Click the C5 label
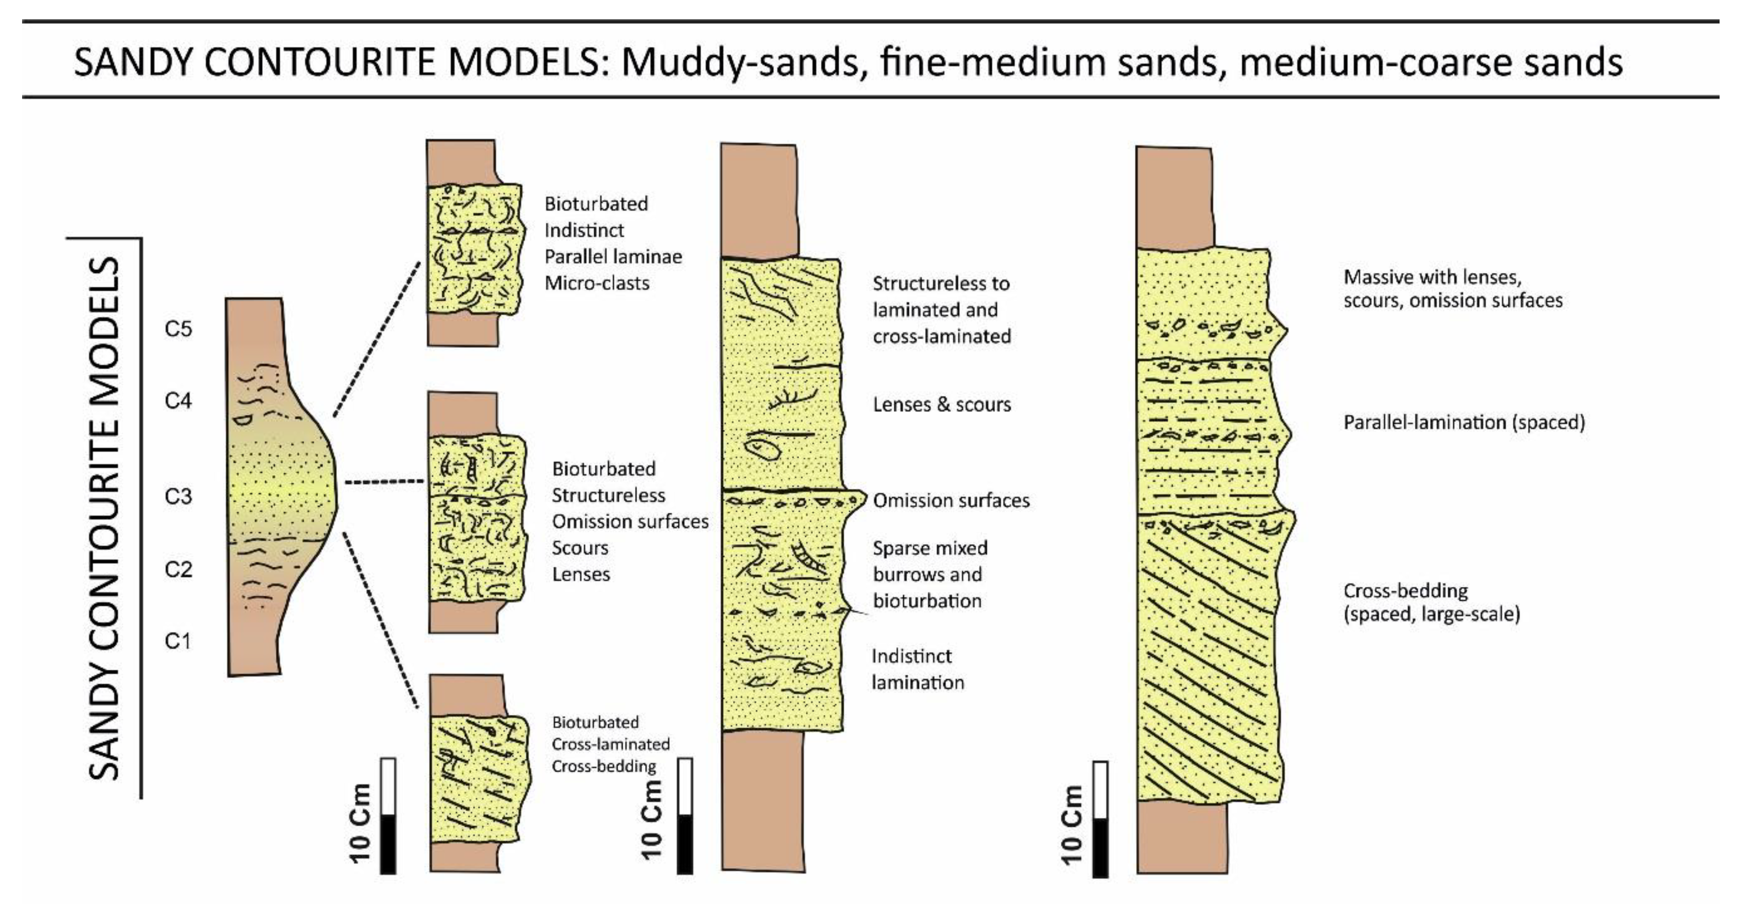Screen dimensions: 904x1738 178,329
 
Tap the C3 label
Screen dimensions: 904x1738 178,497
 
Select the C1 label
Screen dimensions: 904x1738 178,641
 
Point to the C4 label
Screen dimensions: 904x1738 178,401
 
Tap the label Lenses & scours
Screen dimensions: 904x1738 942,405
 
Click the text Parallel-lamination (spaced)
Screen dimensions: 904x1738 1464,423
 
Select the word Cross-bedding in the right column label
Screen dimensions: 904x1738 1406,591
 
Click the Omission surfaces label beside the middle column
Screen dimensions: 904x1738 951,501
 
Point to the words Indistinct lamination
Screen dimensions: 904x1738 918,669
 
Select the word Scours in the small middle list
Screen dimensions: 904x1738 580,548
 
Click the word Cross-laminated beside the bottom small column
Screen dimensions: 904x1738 610,744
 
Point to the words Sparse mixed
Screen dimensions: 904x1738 930,548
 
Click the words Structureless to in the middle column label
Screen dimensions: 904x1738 941,284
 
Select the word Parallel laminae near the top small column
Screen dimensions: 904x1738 613,256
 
